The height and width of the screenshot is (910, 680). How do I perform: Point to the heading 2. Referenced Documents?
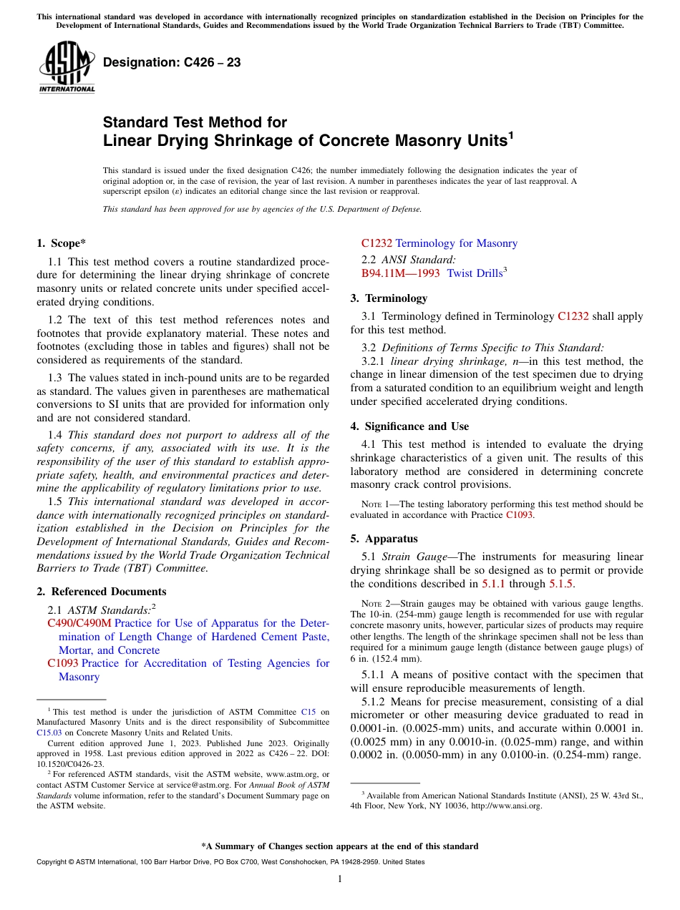pos(101,592)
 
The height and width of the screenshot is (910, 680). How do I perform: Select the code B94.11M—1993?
pos(400,273)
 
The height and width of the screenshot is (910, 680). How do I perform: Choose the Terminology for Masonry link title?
pos(456,243)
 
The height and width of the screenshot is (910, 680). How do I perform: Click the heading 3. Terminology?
pos(389,298)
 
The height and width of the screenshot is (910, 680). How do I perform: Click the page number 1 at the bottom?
pos(340,879)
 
